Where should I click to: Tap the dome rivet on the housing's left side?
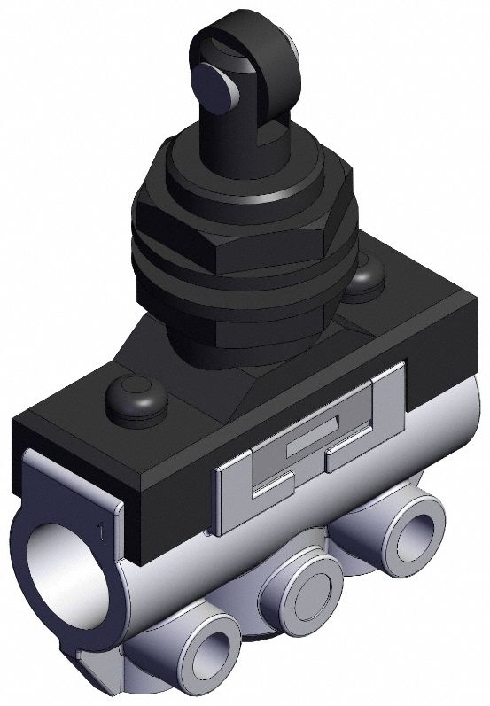(x=136, y=398)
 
